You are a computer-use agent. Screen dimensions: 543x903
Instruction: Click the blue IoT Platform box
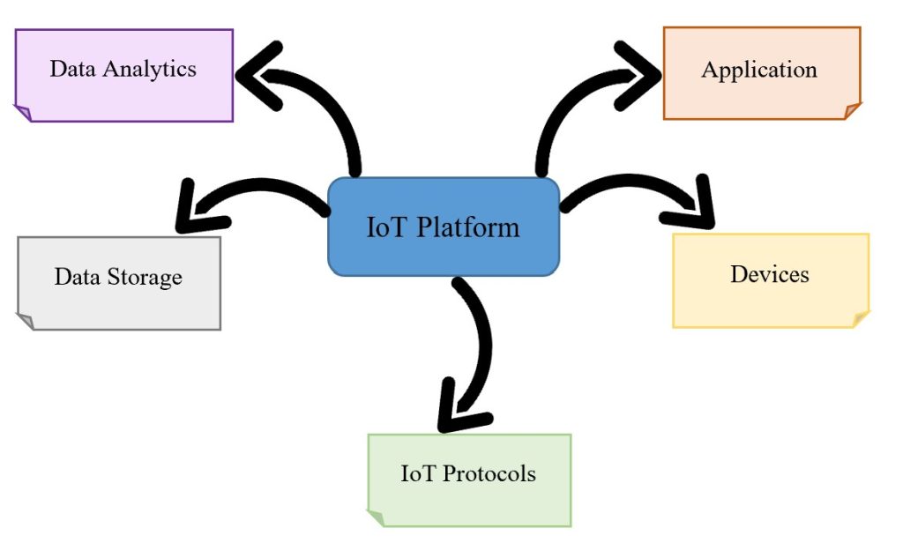coord(444,227)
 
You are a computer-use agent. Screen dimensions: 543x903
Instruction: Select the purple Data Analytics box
coord(123,75)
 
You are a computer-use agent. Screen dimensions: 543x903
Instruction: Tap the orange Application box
coord(761,73)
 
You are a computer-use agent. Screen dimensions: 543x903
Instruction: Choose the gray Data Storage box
coord(118,283)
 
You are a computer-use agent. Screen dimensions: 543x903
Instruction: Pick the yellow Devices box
coord(770,280)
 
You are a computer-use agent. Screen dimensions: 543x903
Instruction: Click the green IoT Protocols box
coord(468,480)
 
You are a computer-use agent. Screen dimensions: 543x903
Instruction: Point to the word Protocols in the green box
coord(489,473)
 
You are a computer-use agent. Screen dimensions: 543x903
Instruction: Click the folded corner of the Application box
coord(852,111)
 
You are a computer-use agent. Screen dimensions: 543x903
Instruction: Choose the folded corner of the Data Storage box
coord(26,321)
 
